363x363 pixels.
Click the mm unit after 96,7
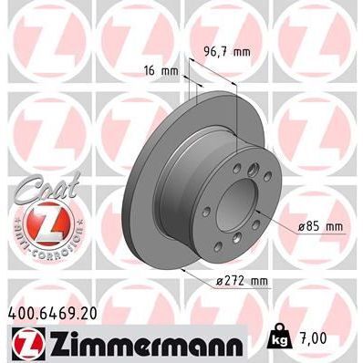click(x=241, y=52)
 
